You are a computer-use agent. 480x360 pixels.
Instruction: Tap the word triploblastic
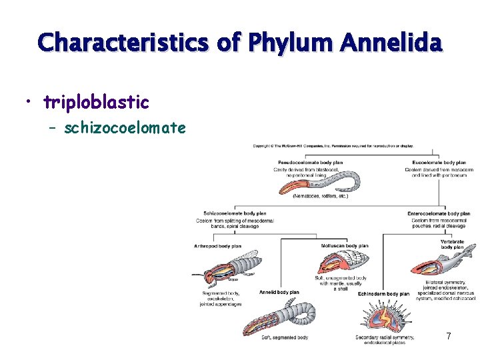96,102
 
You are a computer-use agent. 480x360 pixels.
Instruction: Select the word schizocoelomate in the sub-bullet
125,127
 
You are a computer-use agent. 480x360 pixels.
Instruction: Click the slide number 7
449,337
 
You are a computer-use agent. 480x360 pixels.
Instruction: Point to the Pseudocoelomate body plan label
309,162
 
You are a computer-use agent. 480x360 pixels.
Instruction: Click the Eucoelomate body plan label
439,162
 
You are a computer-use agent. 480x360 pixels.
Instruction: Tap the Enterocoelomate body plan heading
439,213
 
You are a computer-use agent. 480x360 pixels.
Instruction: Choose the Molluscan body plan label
344,245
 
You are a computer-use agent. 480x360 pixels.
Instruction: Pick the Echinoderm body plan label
383,293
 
